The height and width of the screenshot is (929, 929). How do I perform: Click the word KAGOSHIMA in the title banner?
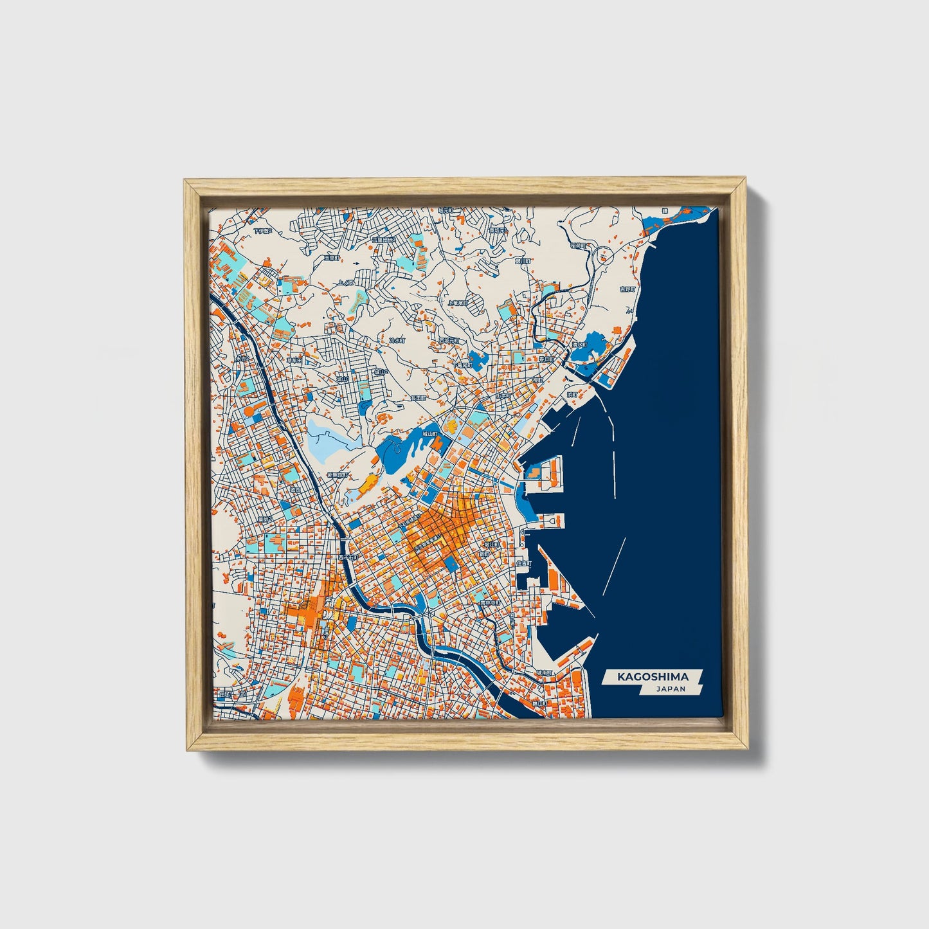click(x=653, y=676)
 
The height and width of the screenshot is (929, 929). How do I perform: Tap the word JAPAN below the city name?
click(x=671, y=689)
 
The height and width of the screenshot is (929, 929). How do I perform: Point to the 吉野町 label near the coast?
click(x=627, y=290)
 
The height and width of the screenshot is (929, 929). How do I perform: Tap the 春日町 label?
click(x=546, y=359)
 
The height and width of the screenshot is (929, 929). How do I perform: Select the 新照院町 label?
click(x=337, y=474)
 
